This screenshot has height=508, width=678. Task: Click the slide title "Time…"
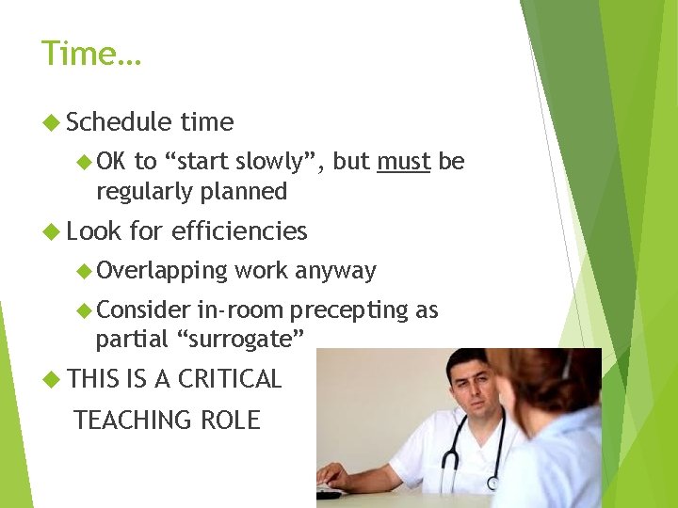click(90, 54)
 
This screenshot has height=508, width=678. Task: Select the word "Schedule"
click(120, 122)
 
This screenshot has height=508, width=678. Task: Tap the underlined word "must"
click(403, 162)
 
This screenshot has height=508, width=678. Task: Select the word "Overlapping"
click(162, 271)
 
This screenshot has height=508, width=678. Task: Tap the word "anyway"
click(335, 271)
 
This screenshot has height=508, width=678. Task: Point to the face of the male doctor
click(471, 386)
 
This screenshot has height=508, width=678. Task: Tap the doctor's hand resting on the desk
click(333, 476)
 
